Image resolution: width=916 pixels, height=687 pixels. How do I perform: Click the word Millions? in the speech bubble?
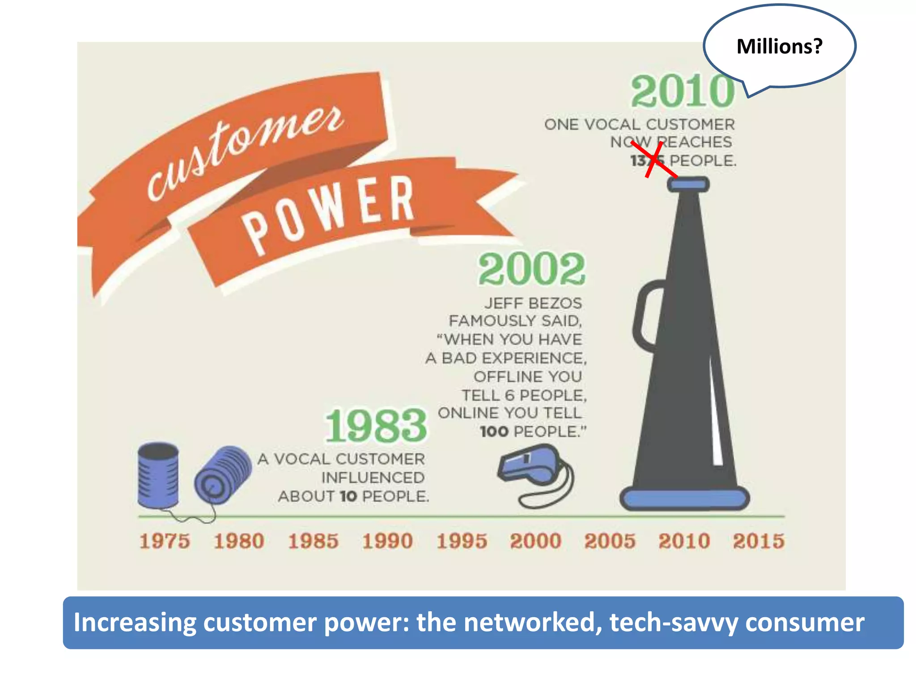(779, 47)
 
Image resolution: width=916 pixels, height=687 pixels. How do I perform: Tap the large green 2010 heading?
(683, 92)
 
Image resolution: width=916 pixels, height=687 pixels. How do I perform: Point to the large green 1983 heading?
(376, 426)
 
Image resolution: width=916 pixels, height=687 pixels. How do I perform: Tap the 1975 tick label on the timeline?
(165, 541)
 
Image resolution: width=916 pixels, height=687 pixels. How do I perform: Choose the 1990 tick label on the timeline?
(387, 541)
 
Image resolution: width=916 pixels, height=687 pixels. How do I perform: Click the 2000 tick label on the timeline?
(536, 541)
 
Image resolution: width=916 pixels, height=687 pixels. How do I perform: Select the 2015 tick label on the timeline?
(759, 541)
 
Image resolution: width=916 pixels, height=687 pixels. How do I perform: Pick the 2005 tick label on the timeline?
(610, 541)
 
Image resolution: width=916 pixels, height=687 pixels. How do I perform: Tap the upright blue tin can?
(158, 475)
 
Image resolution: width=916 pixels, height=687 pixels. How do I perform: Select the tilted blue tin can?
(222, 475)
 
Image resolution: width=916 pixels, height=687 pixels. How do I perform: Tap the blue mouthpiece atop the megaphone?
(688, 184)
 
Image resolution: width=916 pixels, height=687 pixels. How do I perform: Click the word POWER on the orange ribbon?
(329, 212)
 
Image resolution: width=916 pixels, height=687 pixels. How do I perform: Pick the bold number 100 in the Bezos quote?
(494, 432)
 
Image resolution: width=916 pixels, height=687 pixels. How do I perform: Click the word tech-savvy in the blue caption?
(673, 623)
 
